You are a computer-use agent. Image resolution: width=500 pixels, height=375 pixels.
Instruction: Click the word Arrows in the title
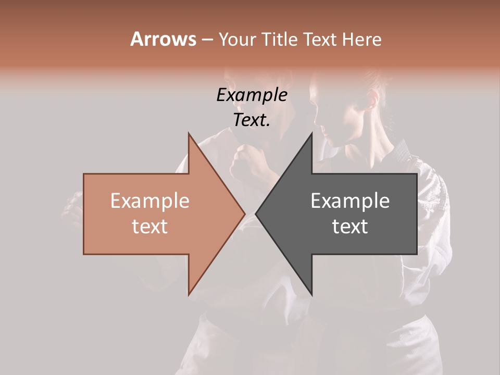[163, 39]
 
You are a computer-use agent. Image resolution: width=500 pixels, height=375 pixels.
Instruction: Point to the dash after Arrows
[207, 40]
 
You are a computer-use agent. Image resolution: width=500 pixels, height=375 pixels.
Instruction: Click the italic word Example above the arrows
[252, 95]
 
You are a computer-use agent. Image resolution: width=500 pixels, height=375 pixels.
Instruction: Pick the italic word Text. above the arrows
[252, 120]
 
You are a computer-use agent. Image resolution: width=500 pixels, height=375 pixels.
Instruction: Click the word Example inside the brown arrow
[150, 201]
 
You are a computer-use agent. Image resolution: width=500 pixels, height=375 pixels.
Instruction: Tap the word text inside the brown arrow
[150, 227]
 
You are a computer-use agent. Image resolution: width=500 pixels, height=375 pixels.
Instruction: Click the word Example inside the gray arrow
[350, 201]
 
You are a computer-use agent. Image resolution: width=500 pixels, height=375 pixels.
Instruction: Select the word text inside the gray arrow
[350, 227]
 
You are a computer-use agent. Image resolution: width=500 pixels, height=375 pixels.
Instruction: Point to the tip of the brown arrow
[244, 214]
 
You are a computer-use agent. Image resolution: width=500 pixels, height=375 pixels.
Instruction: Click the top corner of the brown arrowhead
[189, 134]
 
